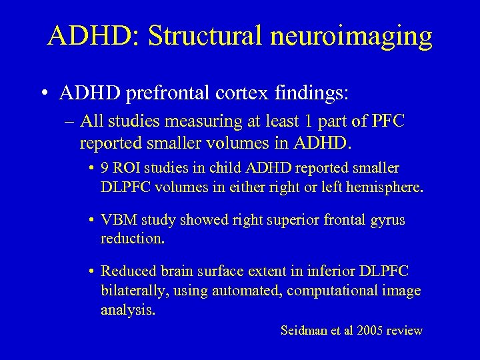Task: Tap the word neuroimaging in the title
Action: [357, 37]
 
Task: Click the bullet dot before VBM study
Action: [91, 220]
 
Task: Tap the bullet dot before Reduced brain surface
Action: [91, 271]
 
